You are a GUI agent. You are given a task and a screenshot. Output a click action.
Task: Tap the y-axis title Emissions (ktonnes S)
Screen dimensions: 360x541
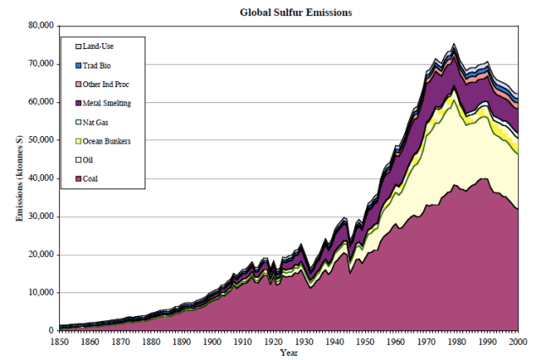point(19,177)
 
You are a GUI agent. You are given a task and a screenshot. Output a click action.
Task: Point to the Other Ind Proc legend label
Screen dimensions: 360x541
point(105,84)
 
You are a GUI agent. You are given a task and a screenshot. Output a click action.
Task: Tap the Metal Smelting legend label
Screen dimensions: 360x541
point(107,103)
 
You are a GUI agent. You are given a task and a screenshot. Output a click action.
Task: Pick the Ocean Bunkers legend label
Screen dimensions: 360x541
point(107,140)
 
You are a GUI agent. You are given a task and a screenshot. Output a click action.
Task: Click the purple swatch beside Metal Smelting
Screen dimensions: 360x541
point(78,103)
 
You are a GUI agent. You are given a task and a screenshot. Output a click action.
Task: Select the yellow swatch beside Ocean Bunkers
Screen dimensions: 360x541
point(78,140)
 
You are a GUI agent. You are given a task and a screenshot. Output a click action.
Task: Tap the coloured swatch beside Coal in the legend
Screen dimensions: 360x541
point(78,178)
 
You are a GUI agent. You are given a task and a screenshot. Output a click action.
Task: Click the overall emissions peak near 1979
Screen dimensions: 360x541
point(455,44)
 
